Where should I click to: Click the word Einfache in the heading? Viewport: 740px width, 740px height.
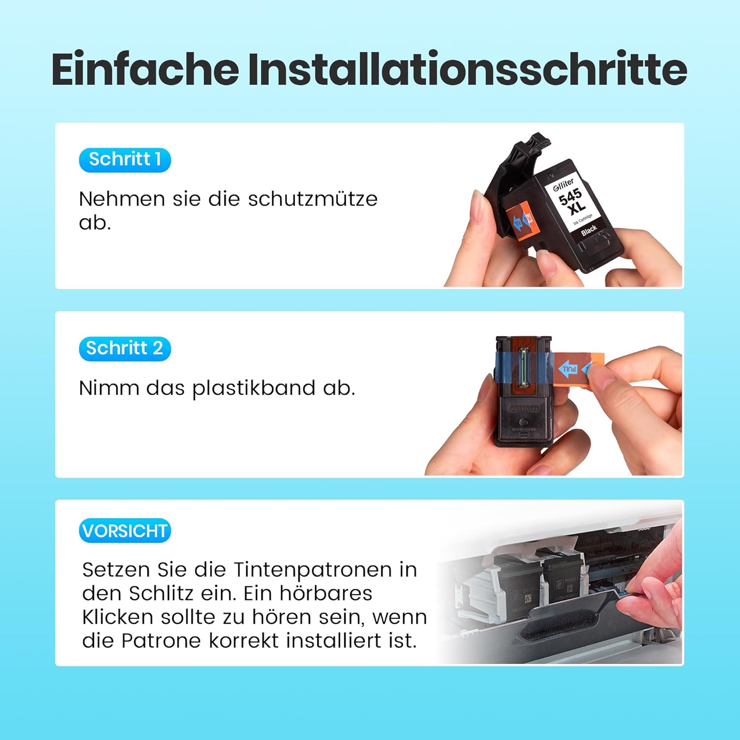(145, 69)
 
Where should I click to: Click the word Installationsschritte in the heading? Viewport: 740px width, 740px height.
(467, 69)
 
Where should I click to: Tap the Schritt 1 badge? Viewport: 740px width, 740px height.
(125, 160)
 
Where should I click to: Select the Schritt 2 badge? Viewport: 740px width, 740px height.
(125, 349)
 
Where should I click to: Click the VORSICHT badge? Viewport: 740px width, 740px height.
(125, 531)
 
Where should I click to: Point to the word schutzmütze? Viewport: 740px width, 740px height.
(313, 199)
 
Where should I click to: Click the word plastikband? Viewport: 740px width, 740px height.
(254, 389)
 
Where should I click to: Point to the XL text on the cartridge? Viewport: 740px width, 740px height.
(577, 207)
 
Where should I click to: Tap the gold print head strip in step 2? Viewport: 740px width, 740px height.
(523, 368)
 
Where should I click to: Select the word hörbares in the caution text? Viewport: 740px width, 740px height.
(326, 593)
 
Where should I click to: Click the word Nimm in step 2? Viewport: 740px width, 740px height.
(110, 389)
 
